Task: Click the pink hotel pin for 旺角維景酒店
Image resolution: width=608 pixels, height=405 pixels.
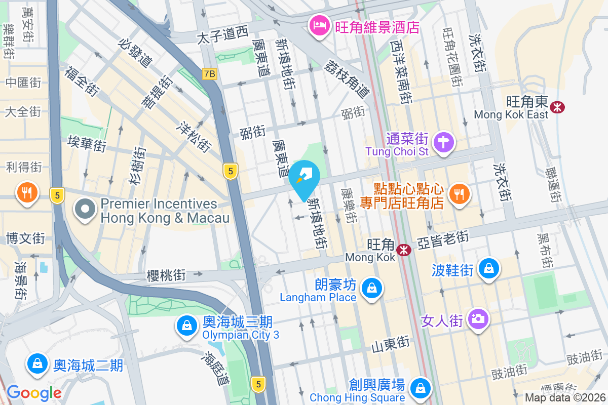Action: [x=319, y=26]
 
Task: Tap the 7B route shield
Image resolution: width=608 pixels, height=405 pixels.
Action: [x=209, y=74]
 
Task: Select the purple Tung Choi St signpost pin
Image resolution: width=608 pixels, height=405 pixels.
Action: [x=444, y=141]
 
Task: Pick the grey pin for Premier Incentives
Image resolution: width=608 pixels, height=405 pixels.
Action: [x=85, y=209]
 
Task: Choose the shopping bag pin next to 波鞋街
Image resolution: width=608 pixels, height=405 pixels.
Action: [x=489, y=268]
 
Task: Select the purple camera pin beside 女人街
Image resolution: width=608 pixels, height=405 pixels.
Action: [x=477, y=319]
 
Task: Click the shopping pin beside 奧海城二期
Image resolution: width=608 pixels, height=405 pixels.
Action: [x=37, y=363]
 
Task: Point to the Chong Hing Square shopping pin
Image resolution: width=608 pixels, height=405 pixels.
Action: [x=420, y=388]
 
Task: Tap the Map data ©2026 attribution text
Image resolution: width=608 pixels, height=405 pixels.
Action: [x=564, y=398]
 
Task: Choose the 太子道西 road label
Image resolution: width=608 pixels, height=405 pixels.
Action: [x=222, y=36]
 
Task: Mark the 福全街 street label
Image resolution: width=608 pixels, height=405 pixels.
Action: [x=81, y=80]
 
